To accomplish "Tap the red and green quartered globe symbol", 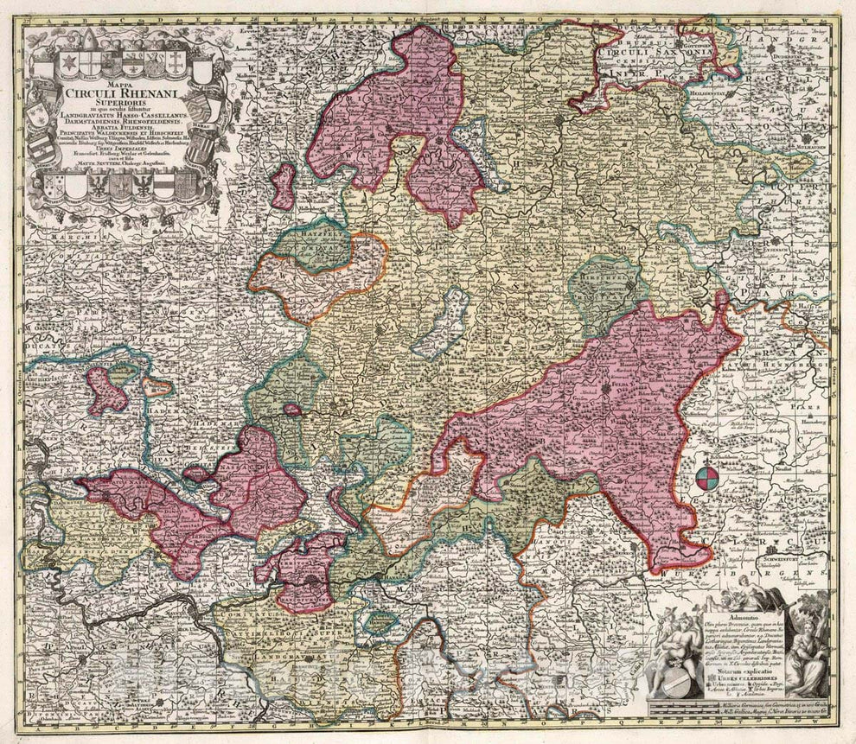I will [705, 479].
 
